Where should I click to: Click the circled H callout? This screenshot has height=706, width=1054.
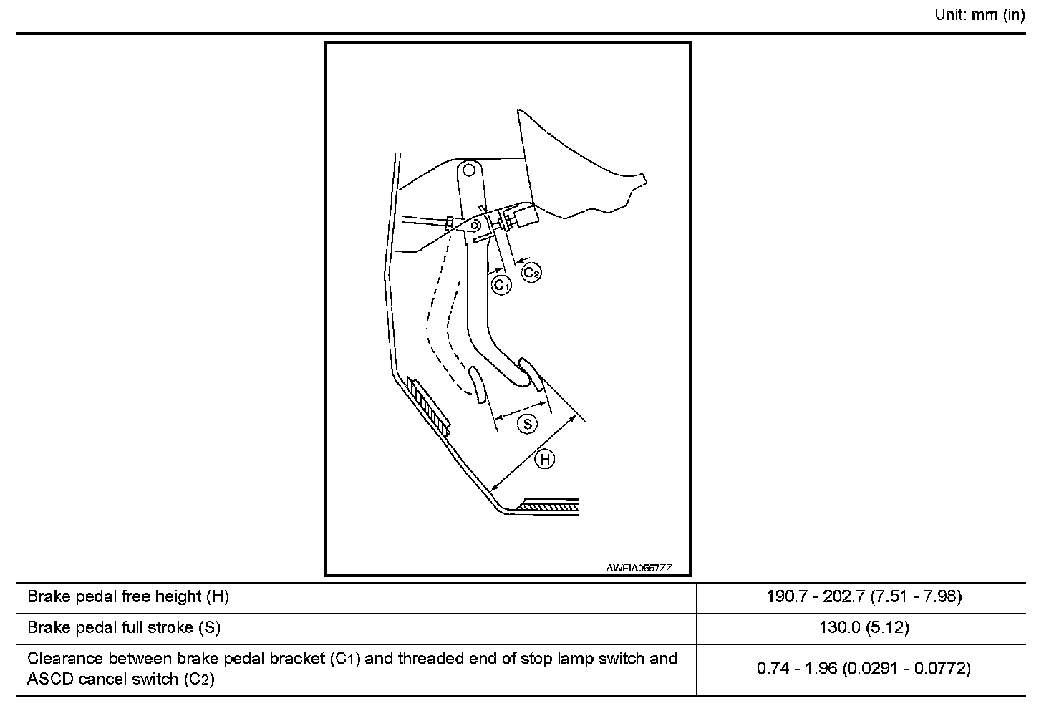545,459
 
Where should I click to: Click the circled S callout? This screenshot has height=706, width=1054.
527,425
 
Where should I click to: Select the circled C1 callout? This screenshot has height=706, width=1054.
502,285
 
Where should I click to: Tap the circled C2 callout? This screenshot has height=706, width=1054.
531,273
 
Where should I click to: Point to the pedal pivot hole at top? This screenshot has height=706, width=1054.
468,170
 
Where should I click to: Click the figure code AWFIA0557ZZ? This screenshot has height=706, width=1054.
639,568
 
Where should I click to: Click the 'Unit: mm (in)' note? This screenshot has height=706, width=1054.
980,15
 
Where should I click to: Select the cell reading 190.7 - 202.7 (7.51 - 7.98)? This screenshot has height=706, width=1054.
864,596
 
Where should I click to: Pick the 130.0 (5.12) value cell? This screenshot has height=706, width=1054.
864,628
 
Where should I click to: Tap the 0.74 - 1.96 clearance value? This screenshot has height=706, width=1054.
864,669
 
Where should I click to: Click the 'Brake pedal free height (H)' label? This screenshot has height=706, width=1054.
128,596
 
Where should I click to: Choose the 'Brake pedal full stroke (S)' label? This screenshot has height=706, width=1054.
124,628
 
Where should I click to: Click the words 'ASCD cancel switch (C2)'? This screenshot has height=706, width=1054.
120,679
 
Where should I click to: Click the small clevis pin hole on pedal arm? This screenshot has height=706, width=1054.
475,226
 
